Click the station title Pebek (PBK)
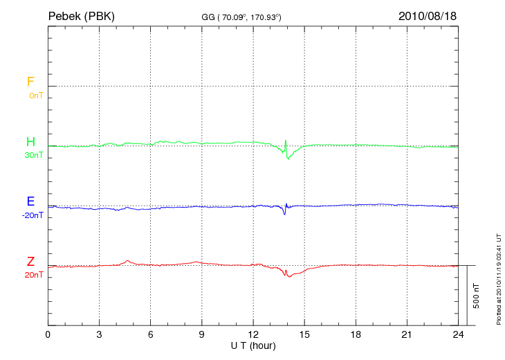[81, 16]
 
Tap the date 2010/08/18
[427, 16]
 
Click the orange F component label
[30, 82]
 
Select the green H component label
[30, 142]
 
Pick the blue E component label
[30, 201]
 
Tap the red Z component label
[30, 262]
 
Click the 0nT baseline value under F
[35, 95]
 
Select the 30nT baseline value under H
[33, 155]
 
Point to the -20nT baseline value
[32, 215]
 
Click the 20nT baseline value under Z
[33, 276]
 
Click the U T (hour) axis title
[252, 345]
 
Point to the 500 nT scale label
[476, 296]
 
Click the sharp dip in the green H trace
[287, 156]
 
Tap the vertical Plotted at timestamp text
[499, 277]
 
